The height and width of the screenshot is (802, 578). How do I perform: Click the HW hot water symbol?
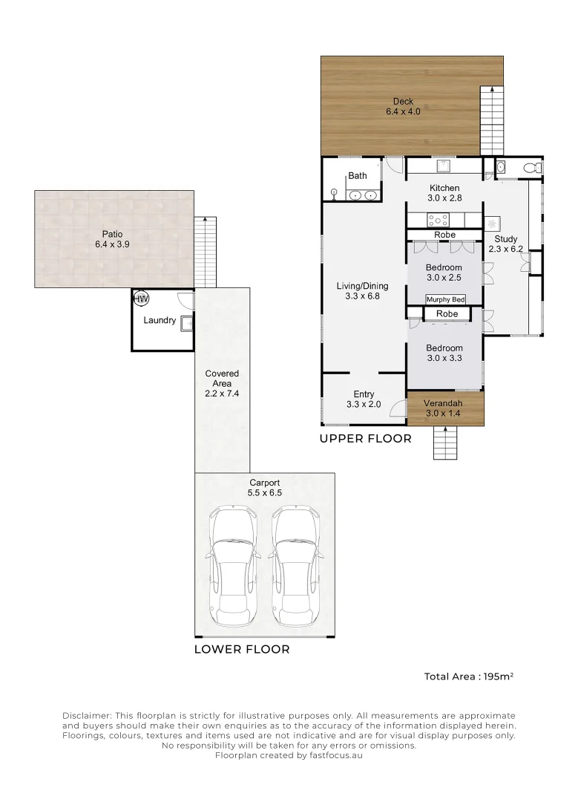point(141,299)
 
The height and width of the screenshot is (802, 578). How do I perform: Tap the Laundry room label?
point(160,320)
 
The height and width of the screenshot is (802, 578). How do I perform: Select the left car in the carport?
point(233,566)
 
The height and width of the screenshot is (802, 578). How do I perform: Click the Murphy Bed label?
point(446,300)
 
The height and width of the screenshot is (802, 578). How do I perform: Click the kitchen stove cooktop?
point(439,220)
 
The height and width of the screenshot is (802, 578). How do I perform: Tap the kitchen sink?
point(442,165)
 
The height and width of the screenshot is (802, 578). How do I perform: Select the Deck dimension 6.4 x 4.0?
point(403,111)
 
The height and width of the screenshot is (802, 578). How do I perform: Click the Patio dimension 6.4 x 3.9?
point(113,244)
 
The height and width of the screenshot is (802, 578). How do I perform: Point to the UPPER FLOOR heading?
point(365,439)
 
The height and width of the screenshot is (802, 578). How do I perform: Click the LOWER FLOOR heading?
point(242,650)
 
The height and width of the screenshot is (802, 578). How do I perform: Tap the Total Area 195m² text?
point(469,677)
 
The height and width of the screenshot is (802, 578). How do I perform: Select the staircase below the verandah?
point(445,442)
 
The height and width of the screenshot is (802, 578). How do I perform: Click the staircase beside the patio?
point(206,252)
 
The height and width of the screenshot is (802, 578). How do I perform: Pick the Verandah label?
point(443,403)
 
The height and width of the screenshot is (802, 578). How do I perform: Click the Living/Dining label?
point(362,286)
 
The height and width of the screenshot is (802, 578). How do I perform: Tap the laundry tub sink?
point(188,324)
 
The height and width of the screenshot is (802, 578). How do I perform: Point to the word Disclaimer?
point(86,716)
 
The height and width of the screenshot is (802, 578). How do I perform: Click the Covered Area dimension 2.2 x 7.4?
point(222,394)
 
